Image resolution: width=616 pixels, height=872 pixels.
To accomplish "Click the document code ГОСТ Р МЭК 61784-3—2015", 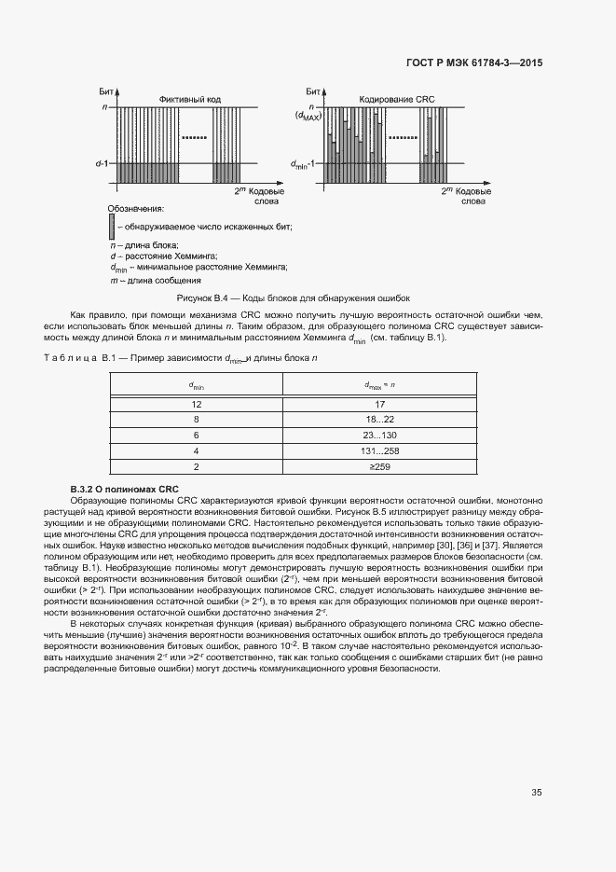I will [x=474, y=63].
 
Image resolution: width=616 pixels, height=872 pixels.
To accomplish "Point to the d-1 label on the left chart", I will [x=103, y=163].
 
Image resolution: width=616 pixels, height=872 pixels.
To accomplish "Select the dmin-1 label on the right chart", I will [x=305, y=163].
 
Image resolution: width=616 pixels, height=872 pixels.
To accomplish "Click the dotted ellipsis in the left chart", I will [x=193, y=137].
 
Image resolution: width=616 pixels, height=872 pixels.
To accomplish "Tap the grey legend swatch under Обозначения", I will [x=112, y=226].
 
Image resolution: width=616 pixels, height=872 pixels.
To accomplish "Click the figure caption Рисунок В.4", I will [x=299, y=298].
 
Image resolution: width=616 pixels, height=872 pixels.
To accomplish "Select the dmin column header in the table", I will [x=197, y=384].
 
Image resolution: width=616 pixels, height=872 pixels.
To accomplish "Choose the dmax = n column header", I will [x=379, y=384].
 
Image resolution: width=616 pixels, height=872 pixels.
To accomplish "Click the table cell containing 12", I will [x=197, y=404].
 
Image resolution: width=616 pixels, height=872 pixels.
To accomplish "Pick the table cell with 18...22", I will [x=379, y=420].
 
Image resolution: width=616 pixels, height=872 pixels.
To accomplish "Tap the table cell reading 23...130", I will [x=379, y=435].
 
